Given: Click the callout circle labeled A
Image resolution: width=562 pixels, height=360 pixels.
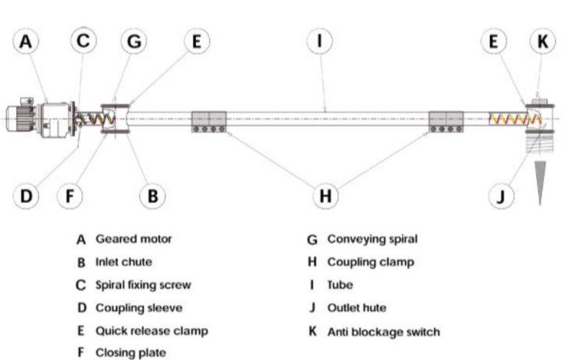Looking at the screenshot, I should click(x=27, y=41).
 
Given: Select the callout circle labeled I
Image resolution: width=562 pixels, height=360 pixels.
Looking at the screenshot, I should click(x=320, y=41).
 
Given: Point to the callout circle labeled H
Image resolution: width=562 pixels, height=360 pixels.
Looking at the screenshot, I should click(x=325, y=196).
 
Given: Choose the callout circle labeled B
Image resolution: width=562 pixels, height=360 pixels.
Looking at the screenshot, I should click(x=153, y=196).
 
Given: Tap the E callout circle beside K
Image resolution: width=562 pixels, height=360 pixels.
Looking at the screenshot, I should click(x=493, y=41).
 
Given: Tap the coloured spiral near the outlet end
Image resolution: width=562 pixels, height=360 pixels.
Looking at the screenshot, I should click(x=510, y=119).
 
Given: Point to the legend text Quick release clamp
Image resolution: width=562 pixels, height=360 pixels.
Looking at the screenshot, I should click(x=151, y=331).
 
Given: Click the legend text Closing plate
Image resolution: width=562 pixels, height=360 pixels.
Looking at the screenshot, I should click(x=130, y=354).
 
